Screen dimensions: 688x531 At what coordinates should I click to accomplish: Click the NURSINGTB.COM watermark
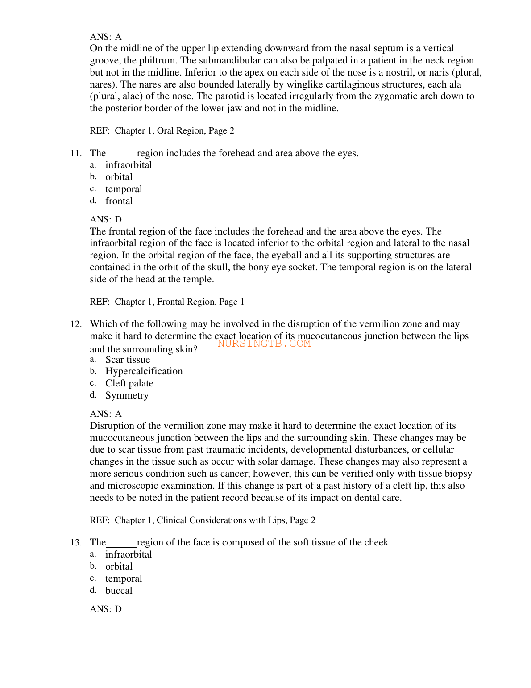pyautogui.click(x=264, y=344)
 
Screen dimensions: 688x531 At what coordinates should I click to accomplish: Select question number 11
pyautogui.click(x=76, y=154)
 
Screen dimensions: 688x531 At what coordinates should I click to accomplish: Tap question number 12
pyautogui.click(x=76, y=324)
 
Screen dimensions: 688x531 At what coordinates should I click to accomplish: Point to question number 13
pyautogui.click(x=76, y=543)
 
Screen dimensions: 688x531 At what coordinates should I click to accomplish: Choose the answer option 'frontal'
pyautogui.click(x=119, y=201)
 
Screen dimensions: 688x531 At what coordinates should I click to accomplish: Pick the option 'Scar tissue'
pyautogui.click(x=128, y=360)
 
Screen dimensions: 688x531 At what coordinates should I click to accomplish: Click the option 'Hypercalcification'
pyautogui.click(x=144, y=371)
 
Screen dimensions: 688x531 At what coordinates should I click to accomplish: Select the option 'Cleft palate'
pyautogui.click(x=129, y=383)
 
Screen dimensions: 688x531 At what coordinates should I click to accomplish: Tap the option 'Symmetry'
pyautogui.click(x=127, y=395)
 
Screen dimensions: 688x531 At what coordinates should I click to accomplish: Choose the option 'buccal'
pyautogui.click(x=119, y=591)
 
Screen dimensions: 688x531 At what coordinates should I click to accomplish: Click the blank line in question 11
pyautogui.click(x=121, y=156)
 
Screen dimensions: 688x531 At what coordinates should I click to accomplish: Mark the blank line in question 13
pyautogui.click(x=121, y=545)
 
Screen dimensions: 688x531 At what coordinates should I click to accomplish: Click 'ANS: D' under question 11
pyautogui.click(x=106, y=220)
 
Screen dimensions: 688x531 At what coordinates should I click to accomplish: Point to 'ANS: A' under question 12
pyautogui.click(x=106, y=414)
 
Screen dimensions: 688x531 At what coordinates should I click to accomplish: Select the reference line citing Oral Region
pyautogui.click(x=162, y=131)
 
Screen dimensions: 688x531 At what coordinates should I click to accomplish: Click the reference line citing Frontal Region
pyautogui.click(x=167, y=302)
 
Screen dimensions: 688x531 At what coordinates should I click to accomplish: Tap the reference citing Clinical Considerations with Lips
pyautogui.click(x=203, y=520)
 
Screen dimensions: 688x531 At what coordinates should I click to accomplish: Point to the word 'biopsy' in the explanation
pyautogui.click(x=458, y=474)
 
